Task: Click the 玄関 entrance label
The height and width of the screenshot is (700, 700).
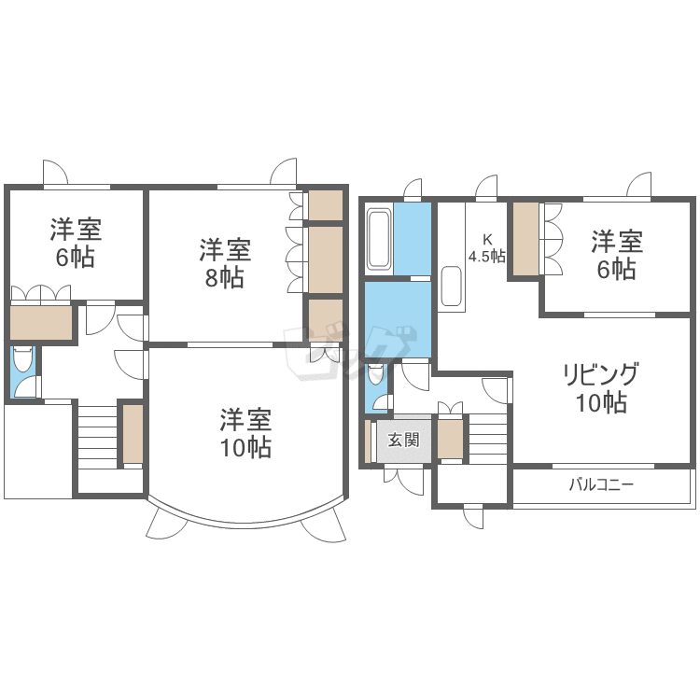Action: point(403,440)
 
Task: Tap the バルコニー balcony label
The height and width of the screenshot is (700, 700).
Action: point(601,484)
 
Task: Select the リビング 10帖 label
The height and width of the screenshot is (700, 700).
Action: point(601,388)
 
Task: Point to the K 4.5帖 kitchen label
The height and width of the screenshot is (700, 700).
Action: point(486,248)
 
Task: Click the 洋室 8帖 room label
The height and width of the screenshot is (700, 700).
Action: point(225,263)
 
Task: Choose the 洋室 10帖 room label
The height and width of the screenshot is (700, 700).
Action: point(245,433)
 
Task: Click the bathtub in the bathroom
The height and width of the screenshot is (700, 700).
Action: point(379,240)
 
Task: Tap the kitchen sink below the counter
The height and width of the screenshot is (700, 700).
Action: point(451,287)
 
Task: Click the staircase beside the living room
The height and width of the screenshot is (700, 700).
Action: point(488,440)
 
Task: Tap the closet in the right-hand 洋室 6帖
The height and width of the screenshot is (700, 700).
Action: point(525,239)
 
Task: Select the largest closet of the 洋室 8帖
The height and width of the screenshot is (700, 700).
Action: point(326,259)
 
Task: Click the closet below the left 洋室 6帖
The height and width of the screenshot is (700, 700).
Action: point(41,322)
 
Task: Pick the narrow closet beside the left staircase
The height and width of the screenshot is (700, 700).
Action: point(133,433)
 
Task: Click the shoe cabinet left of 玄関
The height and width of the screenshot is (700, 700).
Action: point(368,441)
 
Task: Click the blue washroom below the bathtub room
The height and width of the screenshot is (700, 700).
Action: point(399,319)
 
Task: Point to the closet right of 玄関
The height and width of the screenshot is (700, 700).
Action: point(450,440)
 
